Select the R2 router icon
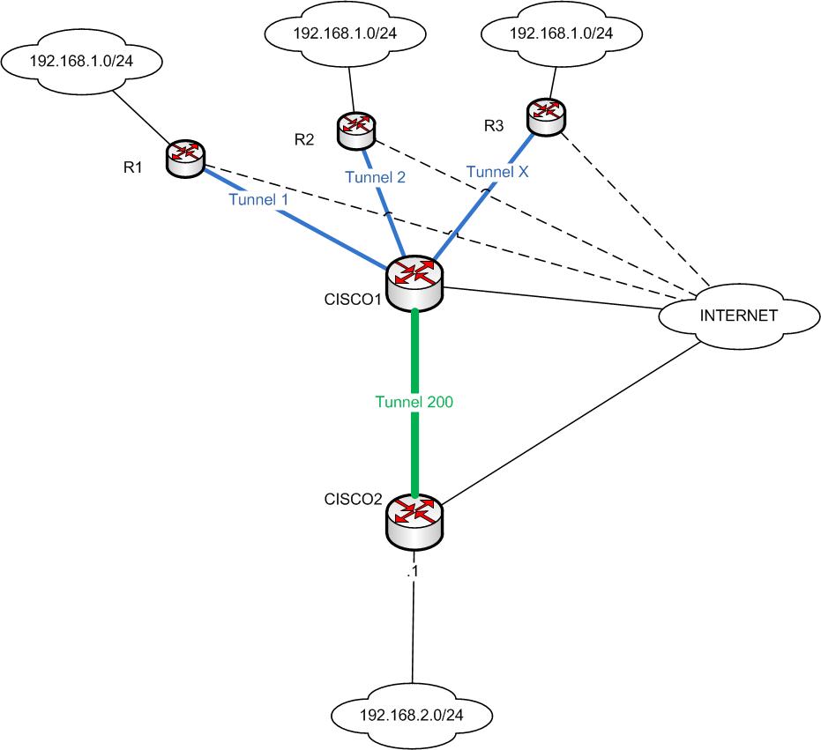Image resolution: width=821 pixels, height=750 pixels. (356, 128)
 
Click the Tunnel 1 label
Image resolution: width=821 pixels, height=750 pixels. (258, 200)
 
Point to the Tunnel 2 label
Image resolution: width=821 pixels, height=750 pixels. (376, 177)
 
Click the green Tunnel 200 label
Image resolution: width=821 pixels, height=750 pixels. (414, 401)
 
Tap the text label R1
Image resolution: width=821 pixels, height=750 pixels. (133, 167)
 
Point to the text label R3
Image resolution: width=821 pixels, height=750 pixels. (494, 126)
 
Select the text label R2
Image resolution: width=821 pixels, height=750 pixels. (304, 138)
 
